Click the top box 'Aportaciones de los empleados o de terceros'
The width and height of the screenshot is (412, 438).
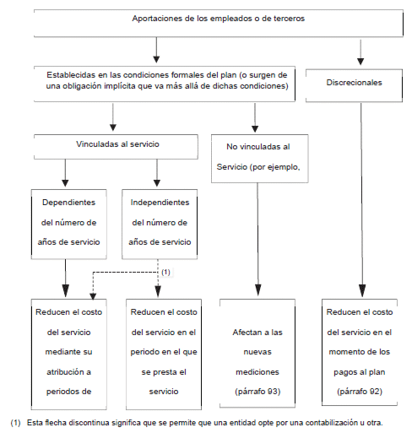219,23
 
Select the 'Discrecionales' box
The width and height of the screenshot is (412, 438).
354,85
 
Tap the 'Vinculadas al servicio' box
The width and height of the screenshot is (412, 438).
116,147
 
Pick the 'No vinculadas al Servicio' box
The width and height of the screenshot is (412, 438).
260,159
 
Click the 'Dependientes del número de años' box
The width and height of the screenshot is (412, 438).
69,224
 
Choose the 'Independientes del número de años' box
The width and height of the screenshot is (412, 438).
160,224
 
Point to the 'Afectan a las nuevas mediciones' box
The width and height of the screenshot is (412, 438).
257,353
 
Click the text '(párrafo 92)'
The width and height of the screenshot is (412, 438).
360,392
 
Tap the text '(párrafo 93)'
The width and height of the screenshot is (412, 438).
257,392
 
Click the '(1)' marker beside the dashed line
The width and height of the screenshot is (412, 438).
165,272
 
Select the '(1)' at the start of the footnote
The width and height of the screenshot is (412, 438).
15,423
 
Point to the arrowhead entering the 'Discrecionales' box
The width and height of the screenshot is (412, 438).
360,62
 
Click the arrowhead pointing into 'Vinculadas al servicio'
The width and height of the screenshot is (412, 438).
113,127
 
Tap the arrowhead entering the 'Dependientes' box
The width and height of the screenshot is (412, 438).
65,183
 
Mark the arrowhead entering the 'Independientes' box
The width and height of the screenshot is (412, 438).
157,183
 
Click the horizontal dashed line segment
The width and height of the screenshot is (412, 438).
125,272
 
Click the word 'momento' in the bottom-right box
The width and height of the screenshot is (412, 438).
344,352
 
